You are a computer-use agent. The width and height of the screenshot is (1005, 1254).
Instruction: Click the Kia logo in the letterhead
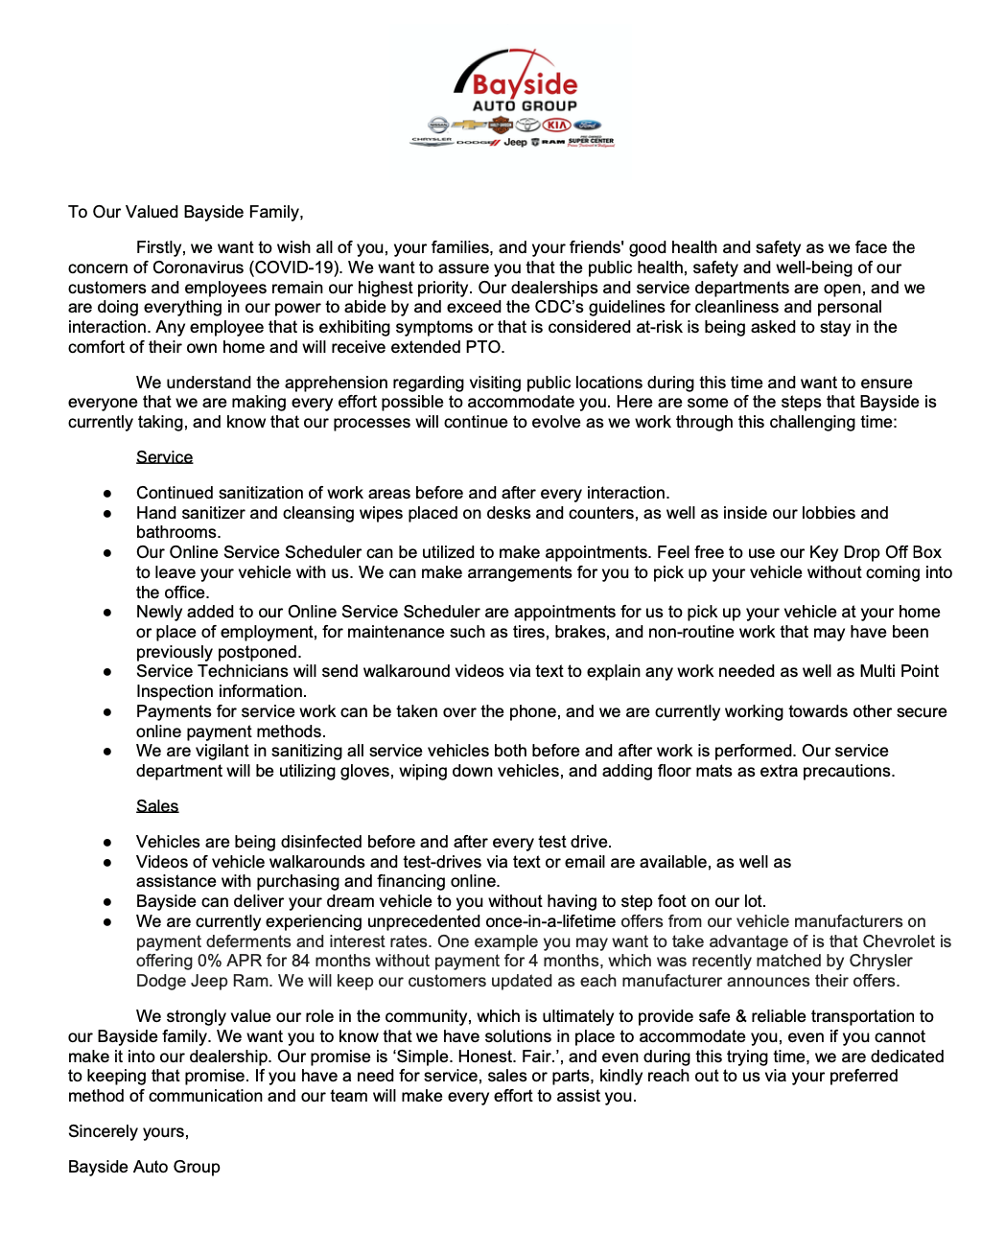[x=557, y=125]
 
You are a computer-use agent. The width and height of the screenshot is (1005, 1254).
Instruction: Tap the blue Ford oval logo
[x=587, y=125]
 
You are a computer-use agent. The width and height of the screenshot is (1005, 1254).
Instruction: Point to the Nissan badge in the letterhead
[x=438, y=125]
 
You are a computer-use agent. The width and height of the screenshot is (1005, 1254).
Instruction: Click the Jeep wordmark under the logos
[x=515, y=142]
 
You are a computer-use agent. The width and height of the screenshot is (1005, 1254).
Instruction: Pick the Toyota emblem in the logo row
[x=528, y=125]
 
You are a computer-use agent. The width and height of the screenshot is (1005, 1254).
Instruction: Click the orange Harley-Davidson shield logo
[x=500, y=125]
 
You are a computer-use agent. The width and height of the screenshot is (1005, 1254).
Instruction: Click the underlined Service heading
[x=164, y=457]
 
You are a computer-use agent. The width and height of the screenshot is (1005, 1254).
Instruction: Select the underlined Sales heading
[x=157, y=806]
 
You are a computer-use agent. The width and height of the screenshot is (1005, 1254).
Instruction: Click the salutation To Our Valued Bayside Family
[x=185, y=212]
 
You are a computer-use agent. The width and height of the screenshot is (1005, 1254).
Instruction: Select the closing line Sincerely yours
[x=129, y=1131]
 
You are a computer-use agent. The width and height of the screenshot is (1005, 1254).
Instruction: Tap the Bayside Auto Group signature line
[x=144, y=1167]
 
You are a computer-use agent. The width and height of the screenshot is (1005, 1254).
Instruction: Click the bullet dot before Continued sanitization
[x=107, y=494]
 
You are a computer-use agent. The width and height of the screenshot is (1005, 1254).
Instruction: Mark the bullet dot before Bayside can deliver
[x=107, y=902]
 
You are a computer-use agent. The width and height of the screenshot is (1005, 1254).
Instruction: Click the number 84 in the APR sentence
[x=301, y=961]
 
